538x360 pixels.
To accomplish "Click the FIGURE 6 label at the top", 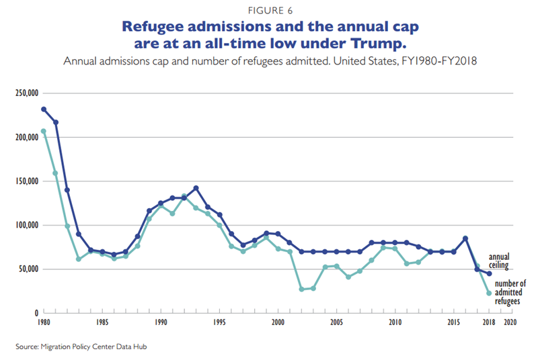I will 269,10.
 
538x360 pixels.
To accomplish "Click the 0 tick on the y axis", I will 36,313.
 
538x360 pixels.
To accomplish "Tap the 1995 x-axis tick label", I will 219,323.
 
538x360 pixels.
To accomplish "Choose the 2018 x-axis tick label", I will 489,323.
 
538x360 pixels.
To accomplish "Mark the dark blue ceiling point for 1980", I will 44,109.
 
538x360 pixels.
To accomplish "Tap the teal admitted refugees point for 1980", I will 44,132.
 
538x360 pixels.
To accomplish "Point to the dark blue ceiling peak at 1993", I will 196,188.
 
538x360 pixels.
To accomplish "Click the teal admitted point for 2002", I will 301,289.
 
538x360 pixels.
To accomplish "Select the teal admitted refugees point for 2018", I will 489,293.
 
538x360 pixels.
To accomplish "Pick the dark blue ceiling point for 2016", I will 465,238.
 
